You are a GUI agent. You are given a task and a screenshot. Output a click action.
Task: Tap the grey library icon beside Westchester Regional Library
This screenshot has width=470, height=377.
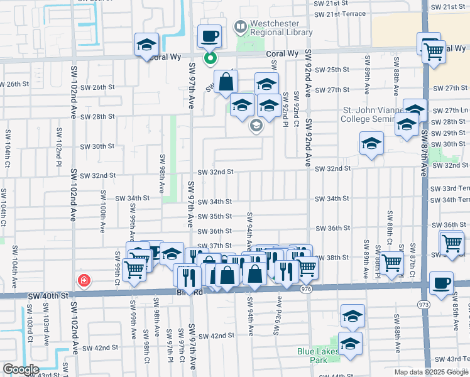[239, 26]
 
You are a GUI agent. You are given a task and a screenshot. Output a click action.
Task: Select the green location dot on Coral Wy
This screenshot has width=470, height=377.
[210, 59]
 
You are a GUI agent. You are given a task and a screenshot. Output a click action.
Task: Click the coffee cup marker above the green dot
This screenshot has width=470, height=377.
[210, 36]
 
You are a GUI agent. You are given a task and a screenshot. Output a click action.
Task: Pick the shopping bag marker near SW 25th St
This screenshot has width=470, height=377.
[225, 82]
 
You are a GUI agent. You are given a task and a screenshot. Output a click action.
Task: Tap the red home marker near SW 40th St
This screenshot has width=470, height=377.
[83, 280]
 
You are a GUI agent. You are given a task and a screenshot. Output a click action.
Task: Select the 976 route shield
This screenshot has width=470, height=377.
[307, 288]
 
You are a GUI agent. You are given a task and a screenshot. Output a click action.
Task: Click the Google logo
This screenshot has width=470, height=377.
[20, 369]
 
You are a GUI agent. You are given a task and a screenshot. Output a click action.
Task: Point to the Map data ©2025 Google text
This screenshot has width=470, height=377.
[432, 372]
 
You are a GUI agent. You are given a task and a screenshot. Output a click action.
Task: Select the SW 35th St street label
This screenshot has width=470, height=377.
[215, 216]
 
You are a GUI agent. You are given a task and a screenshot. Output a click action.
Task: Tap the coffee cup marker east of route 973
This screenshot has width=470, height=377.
[442, 284]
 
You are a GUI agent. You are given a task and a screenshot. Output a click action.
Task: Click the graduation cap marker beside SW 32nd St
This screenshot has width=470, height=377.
[371, 145]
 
